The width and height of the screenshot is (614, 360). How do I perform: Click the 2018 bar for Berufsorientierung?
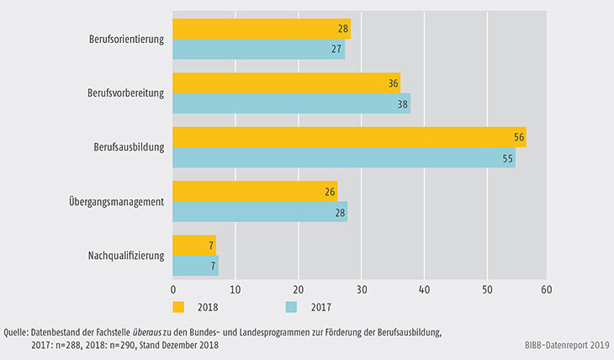coord(262,29)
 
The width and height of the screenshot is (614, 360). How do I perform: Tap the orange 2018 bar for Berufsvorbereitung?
coord(286,83)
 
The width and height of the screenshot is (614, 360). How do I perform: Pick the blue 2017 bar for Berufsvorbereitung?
coord(291,103)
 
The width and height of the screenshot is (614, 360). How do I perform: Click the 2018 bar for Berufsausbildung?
coord(349,137)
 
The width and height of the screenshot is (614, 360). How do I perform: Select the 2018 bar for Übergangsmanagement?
coord(255,191)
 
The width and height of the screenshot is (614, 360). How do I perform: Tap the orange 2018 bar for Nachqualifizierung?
coord(194,245)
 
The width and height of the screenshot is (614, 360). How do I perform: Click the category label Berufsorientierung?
coord(125,40)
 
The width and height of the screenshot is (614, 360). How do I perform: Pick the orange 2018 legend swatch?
coord(178,306)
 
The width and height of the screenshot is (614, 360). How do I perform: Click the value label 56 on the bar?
coord(519,137)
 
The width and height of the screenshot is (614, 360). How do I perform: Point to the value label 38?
coord(403,103)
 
